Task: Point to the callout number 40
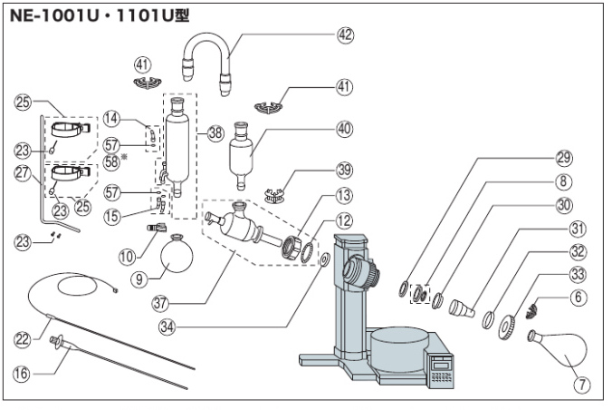tap(343, 128)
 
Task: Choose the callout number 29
tap(565, 156)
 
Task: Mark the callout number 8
tap(565, 181)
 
